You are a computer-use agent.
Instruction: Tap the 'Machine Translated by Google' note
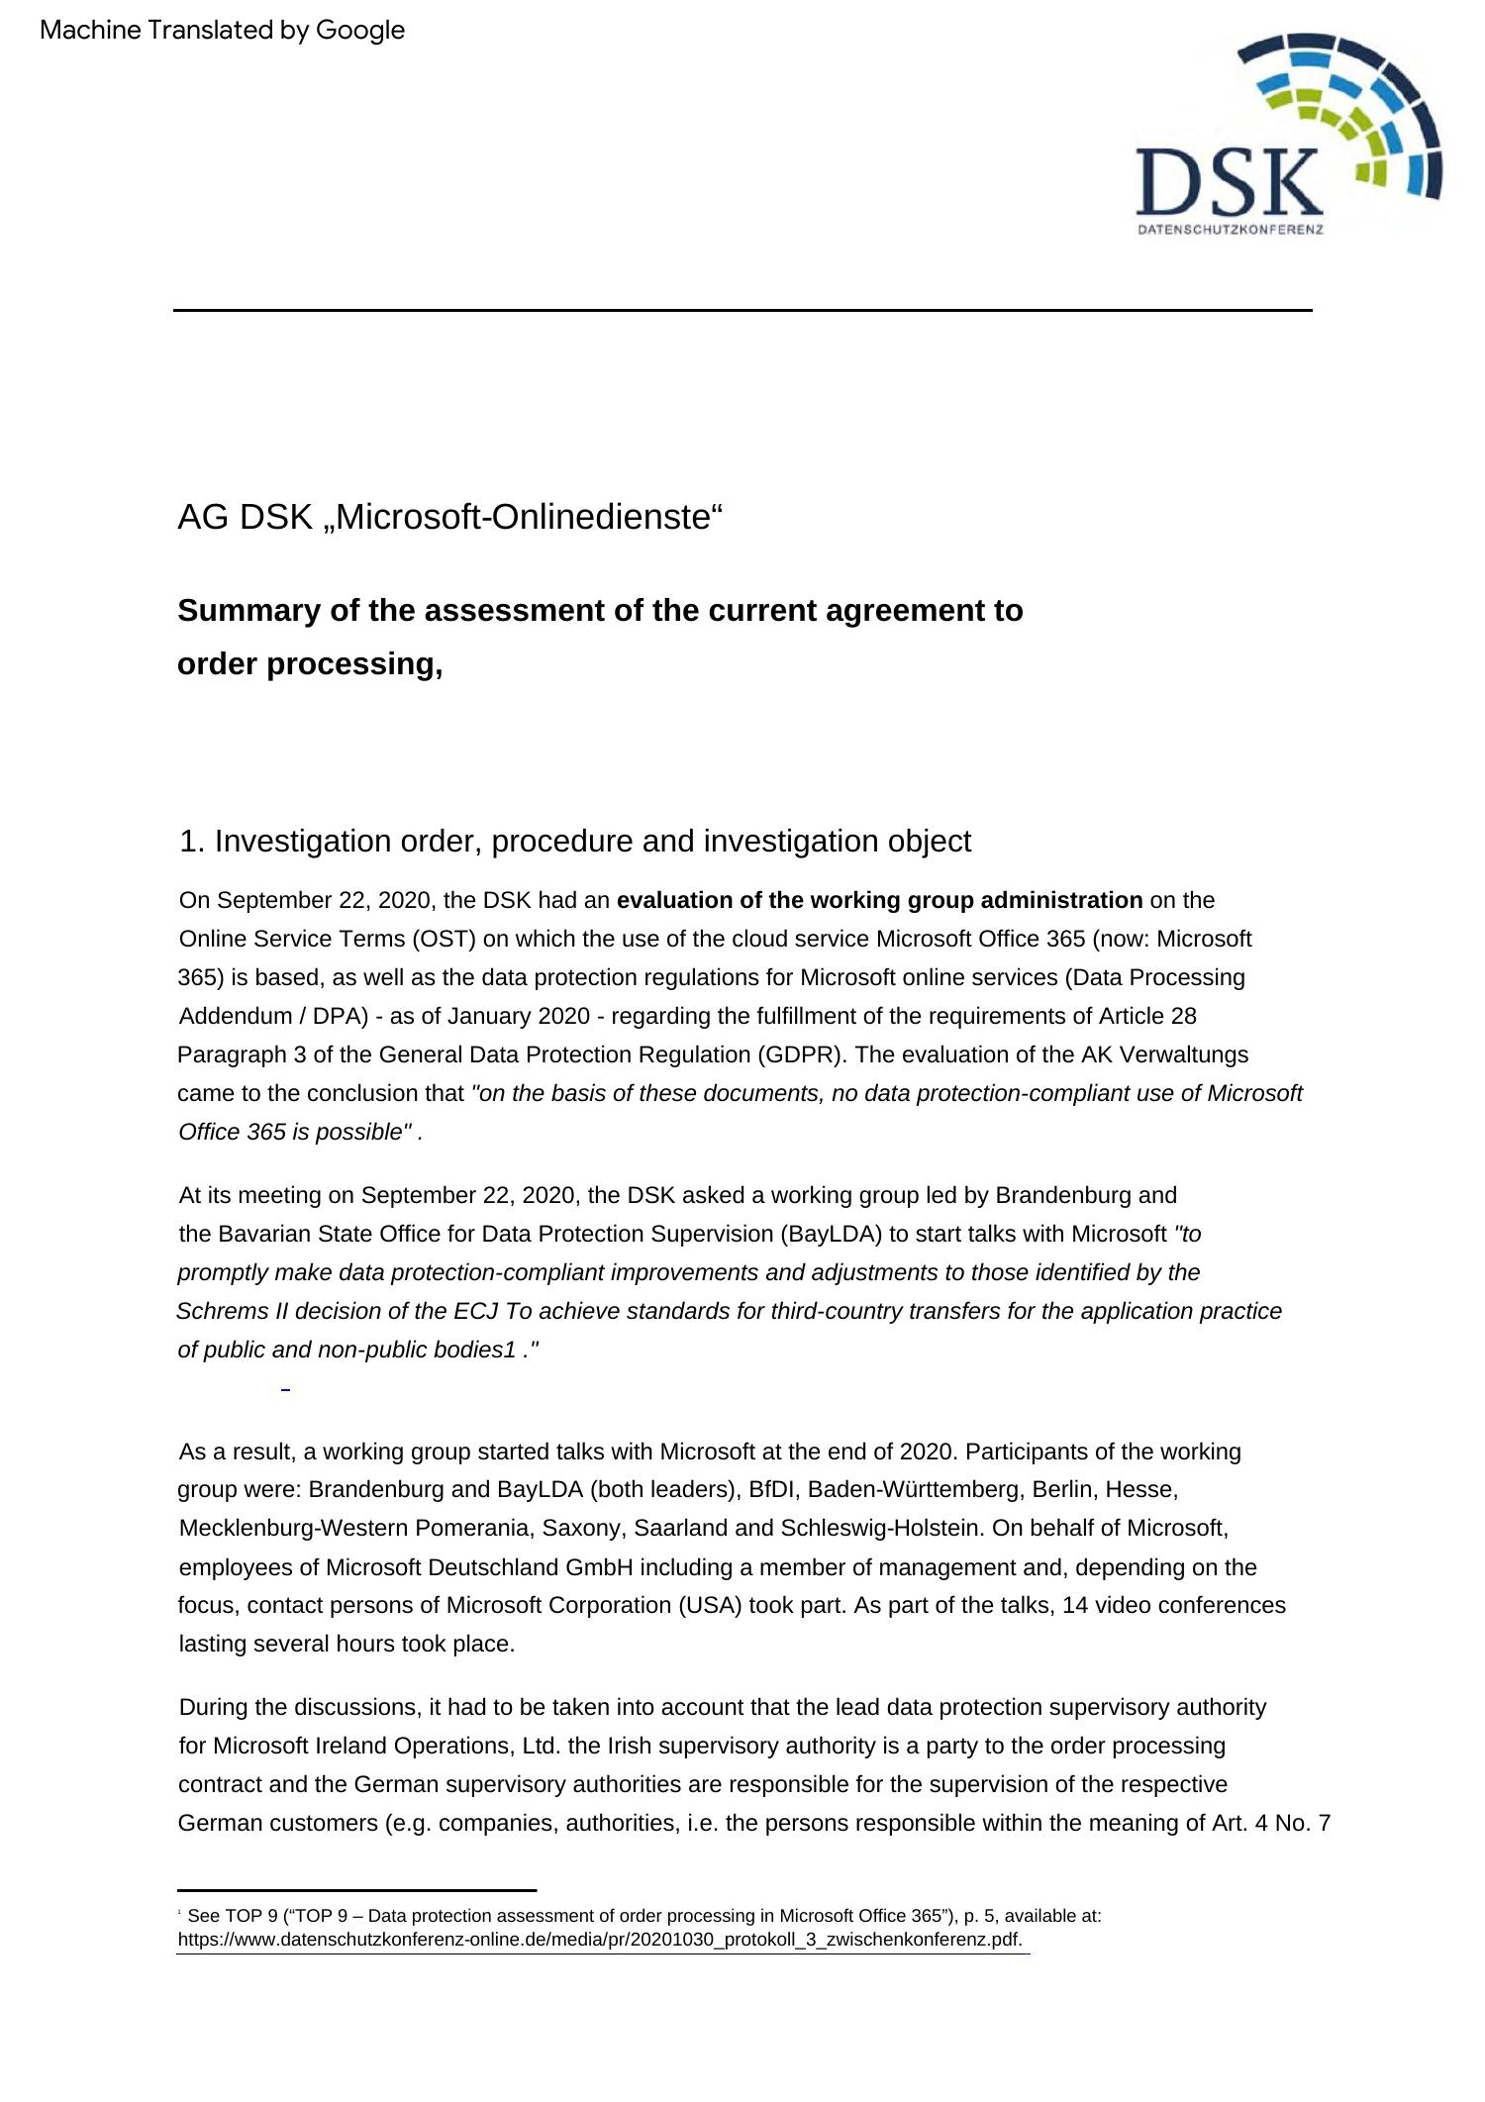click(223, 31)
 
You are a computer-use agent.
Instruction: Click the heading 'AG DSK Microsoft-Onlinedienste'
click(450, 517)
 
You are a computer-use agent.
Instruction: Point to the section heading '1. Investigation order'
click(575, 841)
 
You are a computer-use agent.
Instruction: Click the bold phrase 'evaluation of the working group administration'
click(879, 900)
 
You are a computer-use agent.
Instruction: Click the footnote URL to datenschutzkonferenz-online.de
click(600, 1939)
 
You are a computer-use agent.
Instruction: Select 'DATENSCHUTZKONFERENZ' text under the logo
click(1231, 230)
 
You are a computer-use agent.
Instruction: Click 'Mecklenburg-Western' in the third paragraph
click(293, 1528)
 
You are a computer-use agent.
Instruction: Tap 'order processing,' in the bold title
click(310, 664)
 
